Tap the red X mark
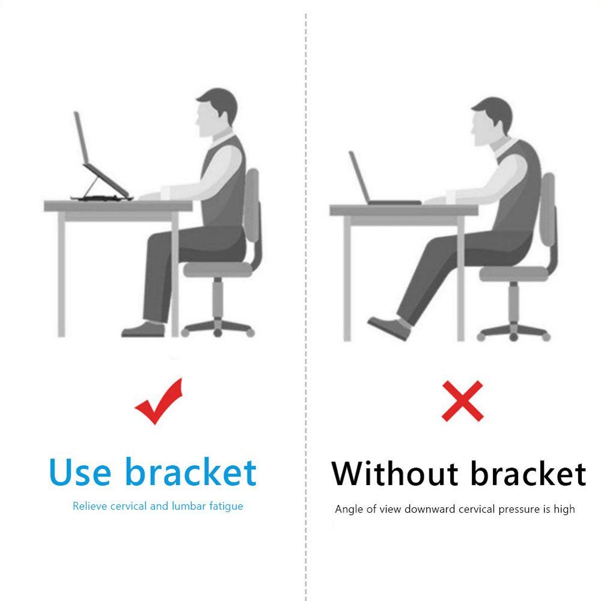pyautogui.click(x=462, y=401)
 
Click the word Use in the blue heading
pyautogui.click(x=81, y=472)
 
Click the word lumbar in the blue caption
pyautogui.click(x=189, y=506)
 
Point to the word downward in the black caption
pyautogui.click(x=430, y=510)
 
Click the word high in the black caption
pyautogui.click(x=564, y=510)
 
